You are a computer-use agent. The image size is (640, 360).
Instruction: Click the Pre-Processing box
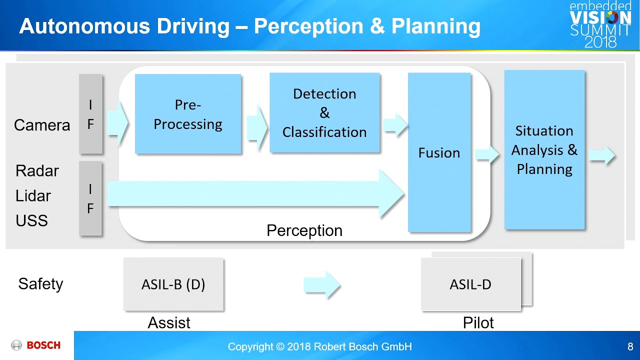(188, 114)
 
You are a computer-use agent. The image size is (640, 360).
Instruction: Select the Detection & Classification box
(324, 112)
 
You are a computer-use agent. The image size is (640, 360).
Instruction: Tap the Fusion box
(439, 152)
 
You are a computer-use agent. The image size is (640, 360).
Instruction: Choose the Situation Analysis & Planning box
(544, 149)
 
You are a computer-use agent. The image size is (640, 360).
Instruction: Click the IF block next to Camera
(90, 114)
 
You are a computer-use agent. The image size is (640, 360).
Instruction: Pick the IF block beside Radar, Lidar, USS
(90, 198)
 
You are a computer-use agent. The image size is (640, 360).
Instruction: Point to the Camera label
(42, 125)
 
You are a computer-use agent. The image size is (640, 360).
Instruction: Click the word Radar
(37, 171)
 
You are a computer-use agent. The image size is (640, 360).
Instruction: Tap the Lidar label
(33, 196)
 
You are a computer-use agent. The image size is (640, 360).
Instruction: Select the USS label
(31, 220)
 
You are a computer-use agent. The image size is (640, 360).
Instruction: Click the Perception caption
(304, 230)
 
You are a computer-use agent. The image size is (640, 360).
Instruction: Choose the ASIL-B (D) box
(173, 284)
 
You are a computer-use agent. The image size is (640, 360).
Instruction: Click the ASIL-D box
(470, 284)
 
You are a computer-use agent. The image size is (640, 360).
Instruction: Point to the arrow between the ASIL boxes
(322, 285)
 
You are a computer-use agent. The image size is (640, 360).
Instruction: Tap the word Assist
(169, 323)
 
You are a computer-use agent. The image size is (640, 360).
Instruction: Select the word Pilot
(478, 323)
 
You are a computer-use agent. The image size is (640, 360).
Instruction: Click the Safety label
(40, 284)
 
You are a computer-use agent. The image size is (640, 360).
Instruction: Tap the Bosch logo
(36, 345)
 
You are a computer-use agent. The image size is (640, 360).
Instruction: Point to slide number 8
(630, 346)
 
